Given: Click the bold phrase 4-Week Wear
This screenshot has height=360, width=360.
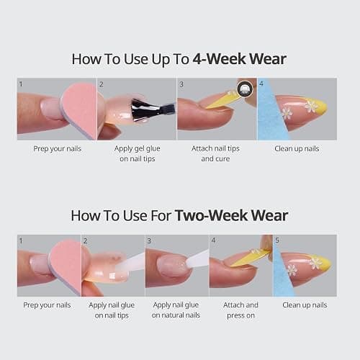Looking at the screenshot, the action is (240, 59).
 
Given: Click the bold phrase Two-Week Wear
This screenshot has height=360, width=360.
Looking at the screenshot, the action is (231, 215).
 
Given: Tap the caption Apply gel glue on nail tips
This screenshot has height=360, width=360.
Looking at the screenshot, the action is (138, 153).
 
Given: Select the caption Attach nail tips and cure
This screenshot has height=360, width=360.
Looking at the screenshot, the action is (215, 153).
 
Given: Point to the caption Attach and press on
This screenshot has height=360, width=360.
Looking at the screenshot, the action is (240, 310).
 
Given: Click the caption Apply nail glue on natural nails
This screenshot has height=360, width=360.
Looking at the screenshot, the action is (176, 310).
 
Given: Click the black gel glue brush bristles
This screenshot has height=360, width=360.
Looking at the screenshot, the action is (142, 110).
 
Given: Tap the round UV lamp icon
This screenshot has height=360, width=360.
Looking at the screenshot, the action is (245, 89).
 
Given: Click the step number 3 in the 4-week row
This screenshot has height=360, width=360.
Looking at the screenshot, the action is (181, 84).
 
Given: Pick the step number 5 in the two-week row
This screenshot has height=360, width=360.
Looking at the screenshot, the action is (277, 240).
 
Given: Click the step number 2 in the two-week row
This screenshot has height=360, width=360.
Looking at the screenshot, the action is (85, 240).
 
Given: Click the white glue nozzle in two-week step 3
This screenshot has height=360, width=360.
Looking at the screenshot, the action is (197, 260).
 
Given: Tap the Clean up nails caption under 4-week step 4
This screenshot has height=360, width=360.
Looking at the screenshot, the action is (297, 149).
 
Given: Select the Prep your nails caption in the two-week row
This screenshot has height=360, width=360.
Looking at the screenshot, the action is (47, 305).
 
